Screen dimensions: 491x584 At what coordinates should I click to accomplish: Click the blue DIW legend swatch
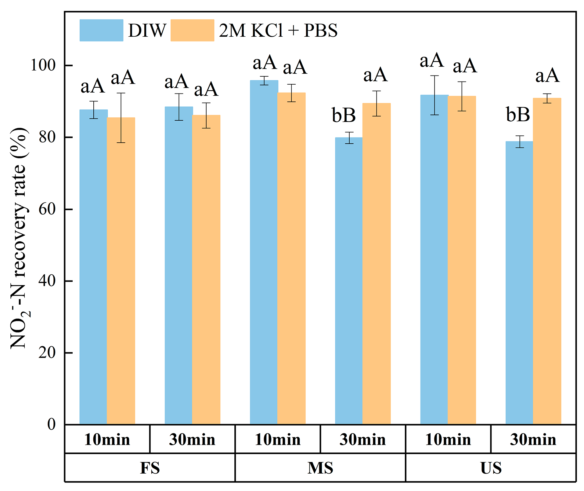pos(101,30)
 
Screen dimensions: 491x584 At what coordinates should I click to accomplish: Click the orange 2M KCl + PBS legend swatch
pos(192,30)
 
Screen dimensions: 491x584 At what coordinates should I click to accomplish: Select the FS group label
pos(150,468)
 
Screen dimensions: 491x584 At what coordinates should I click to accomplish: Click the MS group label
pos(320,468)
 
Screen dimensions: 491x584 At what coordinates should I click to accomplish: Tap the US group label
pos(491,468)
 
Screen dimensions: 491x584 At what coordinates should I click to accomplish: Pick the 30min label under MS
pos(362,440)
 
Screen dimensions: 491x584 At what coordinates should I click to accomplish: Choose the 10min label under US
pos(448,440)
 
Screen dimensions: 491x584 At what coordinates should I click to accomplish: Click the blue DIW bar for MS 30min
pos(349,281)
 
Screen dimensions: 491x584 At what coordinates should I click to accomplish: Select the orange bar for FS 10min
pos(121,272)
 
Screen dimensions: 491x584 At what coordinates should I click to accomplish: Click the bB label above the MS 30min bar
pos(344,115)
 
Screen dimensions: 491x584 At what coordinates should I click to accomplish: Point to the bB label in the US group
pos(518,115)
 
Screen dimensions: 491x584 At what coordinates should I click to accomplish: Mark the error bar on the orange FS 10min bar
pos(121,118)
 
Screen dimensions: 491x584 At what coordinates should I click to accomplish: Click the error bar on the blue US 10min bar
pos(434,95)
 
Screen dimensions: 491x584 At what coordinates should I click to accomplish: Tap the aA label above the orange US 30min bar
pos(547,76)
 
